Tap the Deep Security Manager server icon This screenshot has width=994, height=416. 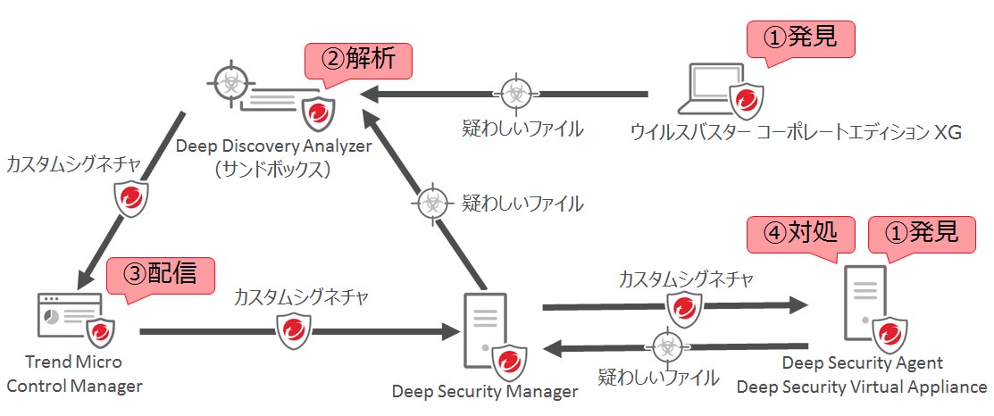point(481,331)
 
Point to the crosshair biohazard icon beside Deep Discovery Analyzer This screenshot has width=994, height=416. point(231,87)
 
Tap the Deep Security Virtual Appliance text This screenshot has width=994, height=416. point(861,387)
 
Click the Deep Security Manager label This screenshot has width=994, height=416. point(485,391)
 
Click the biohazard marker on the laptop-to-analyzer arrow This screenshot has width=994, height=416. point(514,92)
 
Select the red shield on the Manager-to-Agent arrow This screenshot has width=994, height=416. point(683,308)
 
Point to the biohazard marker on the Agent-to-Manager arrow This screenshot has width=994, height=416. point(665,345)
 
